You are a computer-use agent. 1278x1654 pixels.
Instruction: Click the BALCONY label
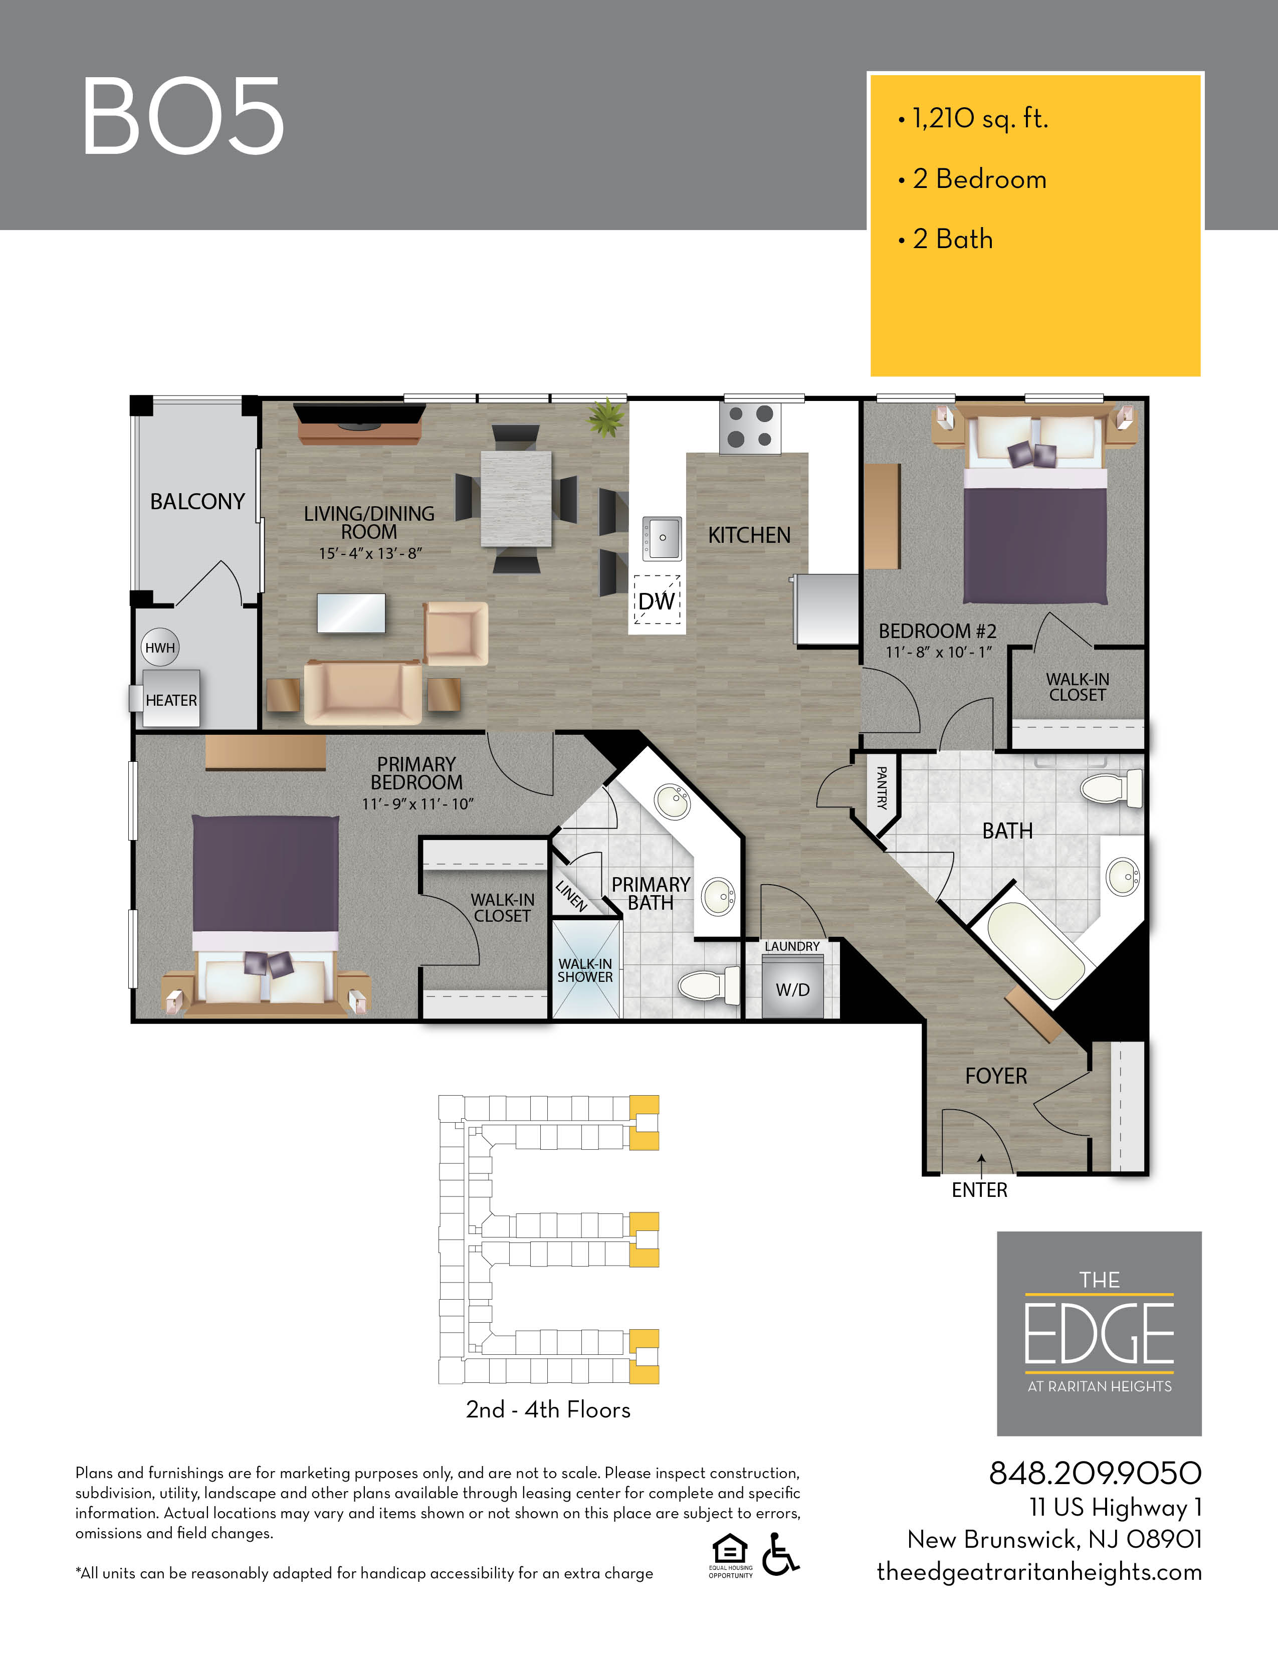pyautogui.click(x=197, y=501)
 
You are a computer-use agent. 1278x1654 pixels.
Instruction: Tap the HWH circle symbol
pyautogui.click(x=160, y=648)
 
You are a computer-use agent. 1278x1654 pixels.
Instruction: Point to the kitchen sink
pyautogui.click(x=662, y=538)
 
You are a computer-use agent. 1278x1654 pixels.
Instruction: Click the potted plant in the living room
pyautogui.click(x=607, y=418)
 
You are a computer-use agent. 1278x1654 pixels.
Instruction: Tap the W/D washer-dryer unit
pyautogui.click(x=792, y=986)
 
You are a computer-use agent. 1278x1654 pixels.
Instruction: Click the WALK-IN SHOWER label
pyautogui.click(x=585, y=970)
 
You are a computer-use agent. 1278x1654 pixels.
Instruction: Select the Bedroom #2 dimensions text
pyautogui.click(x=939, y=652)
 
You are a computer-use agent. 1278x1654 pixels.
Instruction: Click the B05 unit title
pyautogui.click(x=183, y=116)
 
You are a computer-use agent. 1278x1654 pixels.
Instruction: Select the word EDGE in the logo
pyautogui.click(x=1099, y=1334)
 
